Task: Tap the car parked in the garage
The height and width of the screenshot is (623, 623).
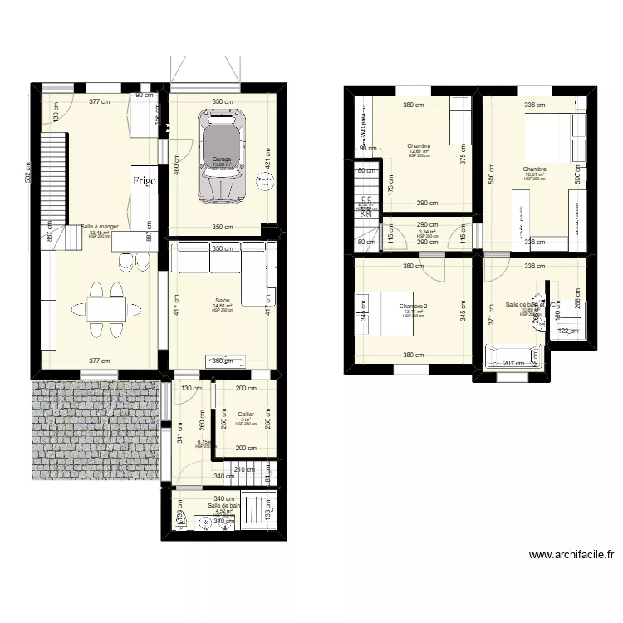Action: pos(220,155)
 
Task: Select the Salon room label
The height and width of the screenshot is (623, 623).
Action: pos(222,300)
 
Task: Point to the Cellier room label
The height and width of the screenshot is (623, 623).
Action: pos(245,414)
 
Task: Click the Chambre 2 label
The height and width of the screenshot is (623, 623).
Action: pos(413,306)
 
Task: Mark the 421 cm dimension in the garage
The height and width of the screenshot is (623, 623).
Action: pos(267,158)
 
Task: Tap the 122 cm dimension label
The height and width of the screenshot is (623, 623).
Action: pos(567,331)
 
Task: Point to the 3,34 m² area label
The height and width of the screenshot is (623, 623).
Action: pos(427,232)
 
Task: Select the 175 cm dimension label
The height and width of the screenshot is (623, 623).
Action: pos(390,185)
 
